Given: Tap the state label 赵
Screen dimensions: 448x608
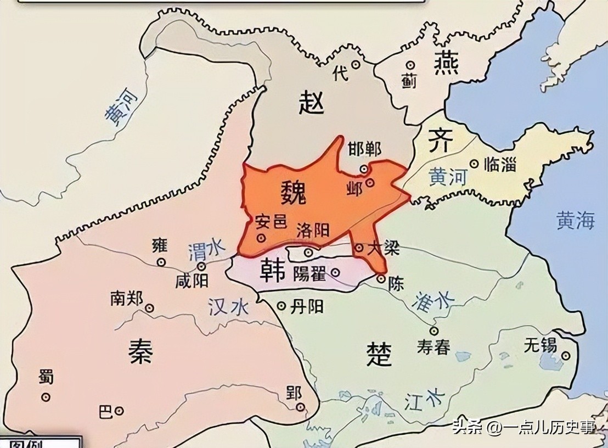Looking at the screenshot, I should pyautogui.click(x=312, y=103).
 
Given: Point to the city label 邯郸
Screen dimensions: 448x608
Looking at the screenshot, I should pyautogui.click(x=365, y=149).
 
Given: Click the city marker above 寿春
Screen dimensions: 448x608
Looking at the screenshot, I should pyautogui.click(x=434, y=331).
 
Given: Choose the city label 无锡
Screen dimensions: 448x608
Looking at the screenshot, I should pyautogui.click(x=541, y=345).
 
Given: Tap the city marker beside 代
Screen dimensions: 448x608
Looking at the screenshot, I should pyautogui.click(x=356, y=64).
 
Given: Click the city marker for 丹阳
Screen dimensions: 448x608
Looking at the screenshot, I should pyautogui.click(x=282, y=306).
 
